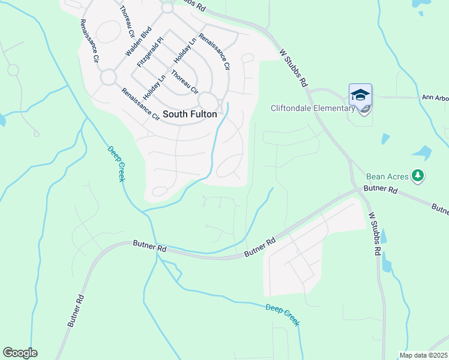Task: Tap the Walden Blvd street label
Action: [x=137, y=41]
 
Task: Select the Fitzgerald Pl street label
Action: [x=149, y=52]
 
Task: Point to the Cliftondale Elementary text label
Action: [x=313, y=109]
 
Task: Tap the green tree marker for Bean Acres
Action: [x=418, y=176]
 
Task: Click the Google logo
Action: [x=20, y=353]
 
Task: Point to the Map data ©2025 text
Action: [x=424, y=355]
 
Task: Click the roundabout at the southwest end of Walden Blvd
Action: [x=108, y=77]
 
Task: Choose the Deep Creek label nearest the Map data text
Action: [x=282, y=315]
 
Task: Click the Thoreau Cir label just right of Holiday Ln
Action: [x=184, y=83]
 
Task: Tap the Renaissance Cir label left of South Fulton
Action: [x=140, y=103]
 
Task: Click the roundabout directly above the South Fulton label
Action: [x=208, y=100]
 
